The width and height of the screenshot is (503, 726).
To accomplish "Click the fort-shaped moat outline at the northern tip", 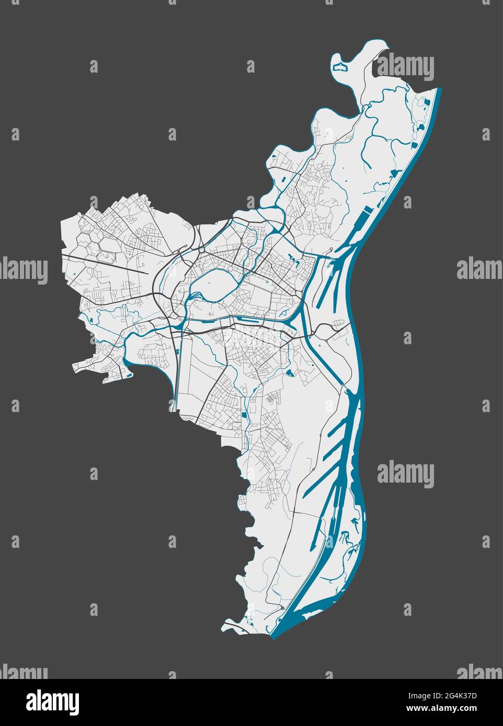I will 340,67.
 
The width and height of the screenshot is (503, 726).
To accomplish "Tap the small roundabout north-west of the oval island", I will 201,250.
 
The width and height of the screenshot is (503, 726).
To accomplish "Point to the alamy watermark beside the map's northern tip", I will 405,68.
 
